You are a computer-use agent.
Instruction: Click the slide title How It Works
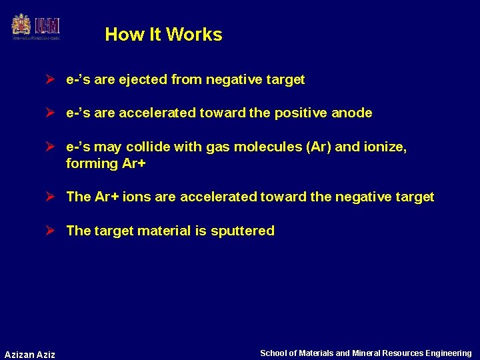pos(163,35)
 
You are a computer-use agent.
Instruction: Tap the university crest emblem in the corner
pos(21,26)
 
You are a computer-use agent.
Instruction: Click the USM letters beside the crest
pos(47,27)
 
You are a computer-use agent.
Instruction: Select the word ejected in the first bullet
pos(143,80)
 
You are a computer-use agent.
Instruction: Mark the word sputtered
pos(242,231)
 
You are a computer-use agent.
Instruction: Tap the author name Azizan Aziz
pos(30,354)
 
